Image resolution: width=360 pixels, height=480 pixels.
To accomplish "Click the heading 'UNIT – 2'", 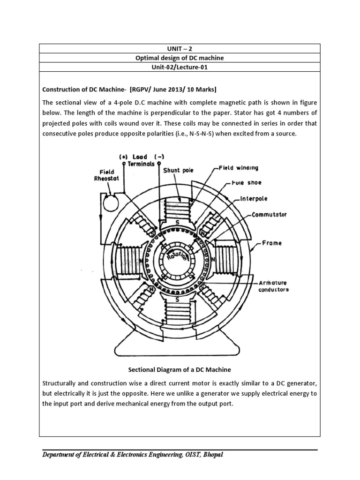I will [x=180, y=48].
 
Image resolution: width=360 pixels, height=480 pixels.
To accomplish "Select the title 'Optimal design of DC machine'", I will [x=180, y=58].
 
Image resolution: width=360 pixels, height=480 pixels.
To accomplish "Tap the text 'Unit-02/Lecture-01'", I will [x=180, y=68].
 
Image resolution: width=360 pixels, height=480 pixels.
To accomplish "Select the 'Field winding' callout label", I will [x=238, y=167].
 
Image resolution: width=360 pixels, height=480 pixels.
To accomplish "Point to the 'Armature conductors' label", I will [x=273, y=286].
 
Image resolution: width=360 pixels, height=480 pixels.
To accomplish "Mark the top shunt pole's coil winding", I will [x=180, y=207].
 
